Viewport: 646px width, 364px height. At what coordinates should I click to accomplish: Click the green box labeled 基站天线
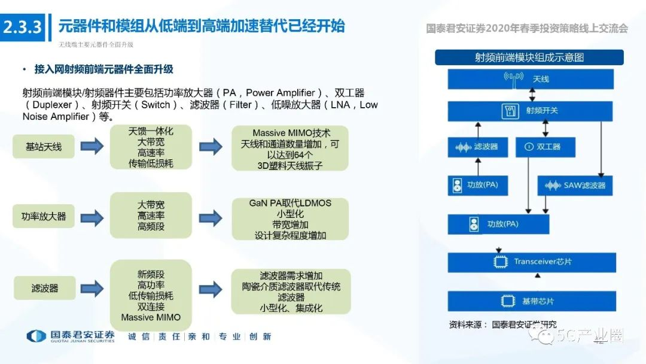44,146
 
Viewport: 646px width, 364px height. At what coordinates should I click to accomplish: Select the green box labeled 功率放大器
44,216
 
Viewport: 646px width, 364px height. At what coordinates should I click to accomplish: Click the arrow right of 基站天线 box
92,146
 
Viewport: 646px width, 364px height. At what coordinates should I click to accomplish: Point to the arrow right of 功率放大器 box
92,216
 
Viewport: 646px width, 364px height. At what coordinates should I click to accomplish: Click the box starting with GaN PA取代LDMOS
290,219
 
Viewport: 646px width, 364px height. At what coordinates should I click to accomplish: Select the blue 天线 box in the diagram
531,79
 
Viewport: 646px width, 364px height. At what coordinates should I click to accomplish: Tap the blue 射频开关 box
531,111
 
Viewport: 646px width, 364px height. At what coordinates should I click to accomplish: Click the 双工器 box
546,147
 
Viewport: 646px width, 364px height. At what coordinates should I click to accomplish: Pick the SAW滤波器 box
575,185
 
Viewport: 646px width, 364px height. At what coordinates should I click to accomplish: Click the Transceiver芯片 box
532,262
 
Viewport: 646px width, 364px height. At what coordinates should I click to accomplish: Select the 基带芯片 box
532,301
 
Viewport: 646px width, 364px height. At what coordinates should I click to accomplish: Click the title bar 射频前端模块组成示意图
529,57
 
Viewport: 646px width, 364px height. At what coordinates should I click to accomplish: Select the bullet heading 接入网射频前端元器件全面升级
103,69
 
